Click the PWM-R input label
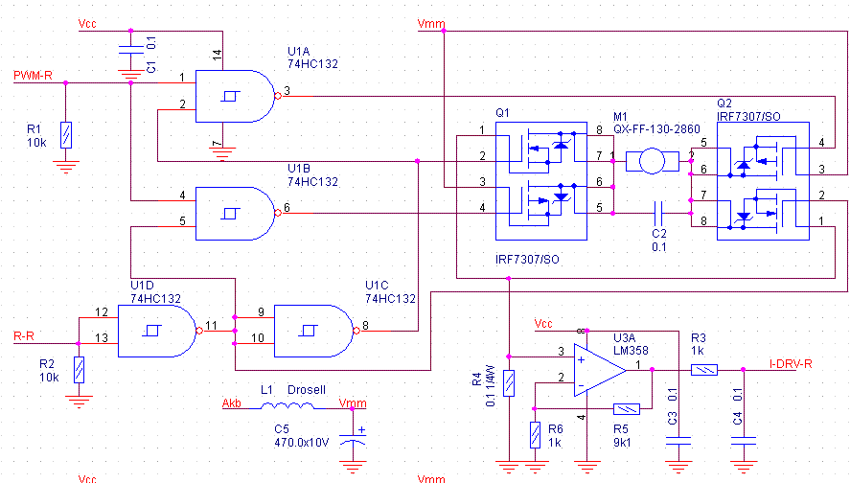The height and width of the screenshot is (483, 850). (33, 75)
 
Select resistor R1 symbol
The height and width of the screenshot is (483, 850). (65, 134)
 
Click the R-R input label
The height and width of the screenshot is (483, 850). (25, 336)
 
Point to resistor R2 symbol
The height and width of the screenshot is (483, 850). (79, 369)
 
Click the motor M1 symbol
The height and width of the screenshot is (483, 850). (651, 162)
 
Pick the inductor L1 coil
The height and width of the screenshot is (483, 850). (285, 406)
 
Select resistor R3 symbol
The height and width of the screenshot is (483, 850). (704, 368)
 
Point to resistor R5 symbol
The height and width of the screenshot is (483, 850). (626, 408)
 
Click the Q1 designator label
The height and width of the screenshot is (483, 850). (503, 112)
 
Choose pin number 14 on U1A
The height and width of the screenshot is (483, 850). (217, 54)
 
